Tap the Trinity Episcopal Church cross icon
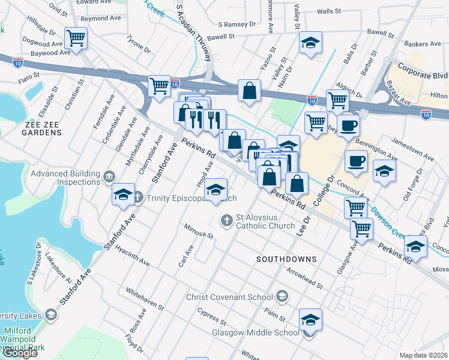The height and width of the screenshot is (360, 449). click(x=137, y=197)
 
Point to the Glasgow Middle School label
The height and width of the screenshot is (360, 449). click(x=255, y=332)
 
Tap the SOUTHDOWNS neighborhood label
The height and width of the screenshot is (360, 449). click(x=286, y=259)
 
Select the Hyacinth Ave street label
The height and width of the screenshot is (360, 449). click(x=131, y=255)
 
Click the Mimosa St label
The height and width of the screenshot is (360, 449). click(x=199, y=232)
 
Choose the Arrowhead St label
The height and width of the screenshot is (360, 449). click(x=304, y=278)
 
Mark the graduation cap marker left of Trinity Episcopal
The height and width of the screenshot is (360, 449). click(x=123, y=194)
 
